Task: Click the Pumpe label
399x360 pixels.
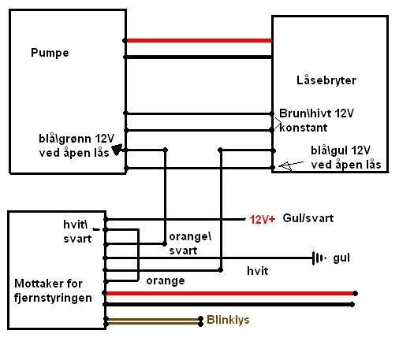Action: (50, 53)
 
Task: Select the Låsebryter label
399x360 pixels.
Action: (326, 80)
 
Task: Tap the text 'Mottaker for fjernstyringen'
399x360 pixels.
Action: (53, 291)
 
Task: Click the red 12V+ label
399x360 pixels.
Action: (262, 219)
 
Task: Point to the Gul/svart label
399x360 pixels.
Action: (308, 218)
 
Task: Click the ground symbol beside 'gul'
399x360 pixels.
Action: (319, 258)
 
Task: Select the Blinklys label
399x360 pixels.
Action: (228, 320)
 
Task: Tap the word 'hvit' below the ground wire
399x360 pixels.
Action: (258, 271)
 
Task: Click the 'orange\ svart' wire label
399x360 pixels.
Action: (190, 243)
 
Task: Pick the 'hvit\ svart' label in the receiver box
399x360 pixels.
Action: (77, 232)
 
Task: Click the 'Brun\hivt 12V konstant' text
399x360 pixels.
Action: (316, 121)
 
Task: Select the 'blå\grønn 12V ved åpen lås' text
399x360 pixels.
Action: (76, 146)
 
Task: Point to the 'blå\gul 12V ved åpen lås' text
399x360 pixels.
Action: (345, 158)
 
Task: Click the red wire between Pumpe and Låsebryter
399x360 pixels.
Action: (199, 41)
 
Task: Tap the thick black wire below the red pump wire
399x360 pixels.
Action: (199, 57)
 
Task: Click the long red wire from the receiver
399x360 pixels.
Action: (230, 293)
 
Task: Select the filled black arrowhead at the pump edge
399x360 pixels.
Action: (117, 150)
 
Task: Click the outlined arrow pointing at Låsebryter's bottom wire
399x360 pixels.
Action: (291, 165)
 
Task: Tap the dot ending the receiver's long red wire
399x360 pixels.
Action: (355, 293)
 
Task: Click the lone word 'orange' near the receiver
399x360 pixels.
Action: (166, 281)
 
